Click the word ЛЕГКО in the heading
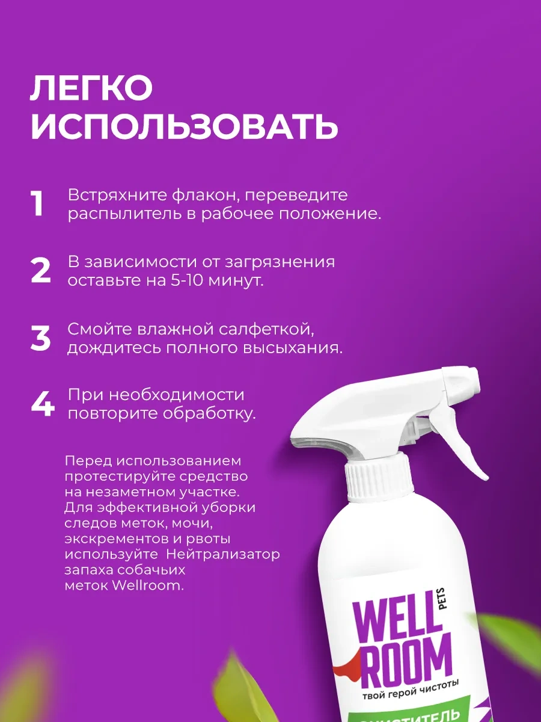(x=91, y=89)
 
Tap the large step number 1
(x=38, y=205)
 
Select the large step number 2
(x=41, y=271)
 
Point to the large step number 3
(x=41, y=338)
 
